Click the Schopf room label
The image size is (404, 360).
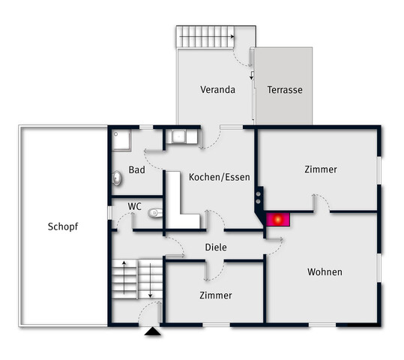coord(63,226)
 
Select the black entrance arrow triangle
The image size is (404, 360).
coord(153,330)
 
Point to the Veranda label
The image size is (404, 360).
coord(217,90)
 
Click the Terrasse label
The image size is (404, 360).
coord(285,90)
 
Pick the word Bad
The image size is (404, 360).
coord(136,170)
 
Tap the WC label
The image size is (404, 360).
coord(134,205)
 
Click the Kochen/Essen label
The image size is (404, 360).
coord(219,178)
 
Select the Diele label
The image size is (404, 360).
coord(216,247)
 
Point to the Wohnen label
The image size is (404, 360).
coord(325,271)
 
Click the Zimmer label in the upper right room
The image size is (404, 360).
coord(321,169)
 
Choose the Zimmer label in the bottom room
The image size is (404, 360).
coord(215,295)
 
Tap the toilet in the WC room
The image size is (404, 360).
coord(155,213)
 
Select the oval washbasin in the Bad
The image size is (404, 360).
coord(118,178)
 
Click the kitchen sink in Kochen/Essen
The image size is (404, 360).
coord(180,137)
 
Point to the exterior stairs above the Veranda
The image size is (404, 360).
coord(205,37)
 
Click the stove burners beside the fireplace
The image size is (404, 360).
coord(259,198)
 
